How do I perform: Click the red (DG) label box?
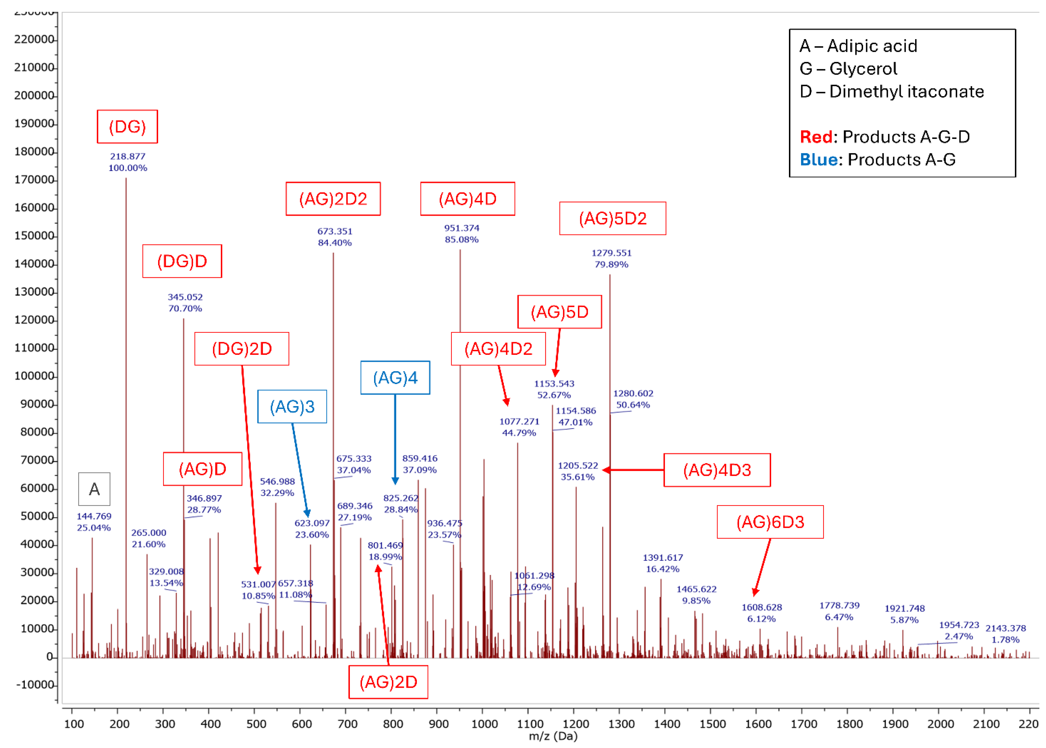coord(127,127)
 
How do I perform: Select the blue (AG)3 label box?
coord(292,407)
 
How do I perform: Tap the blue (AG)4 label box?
coord(395,378)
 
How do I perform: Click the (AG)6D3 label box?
coord(770,522)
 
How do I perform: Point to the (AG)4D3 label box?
coord(717,470)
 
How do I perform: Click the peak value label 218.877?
coord(128,156)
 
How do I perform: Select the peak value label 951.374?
coord(461,228)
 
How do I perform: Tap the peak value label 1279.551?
coord(612,253)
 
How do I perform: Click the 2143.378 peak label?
coord(1006,628)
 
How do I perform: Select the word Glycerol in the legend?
coord(863,69)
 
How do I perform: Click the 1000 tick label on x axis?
coord(484,723)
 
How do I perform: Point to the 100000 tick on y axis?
coord(34,376)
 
